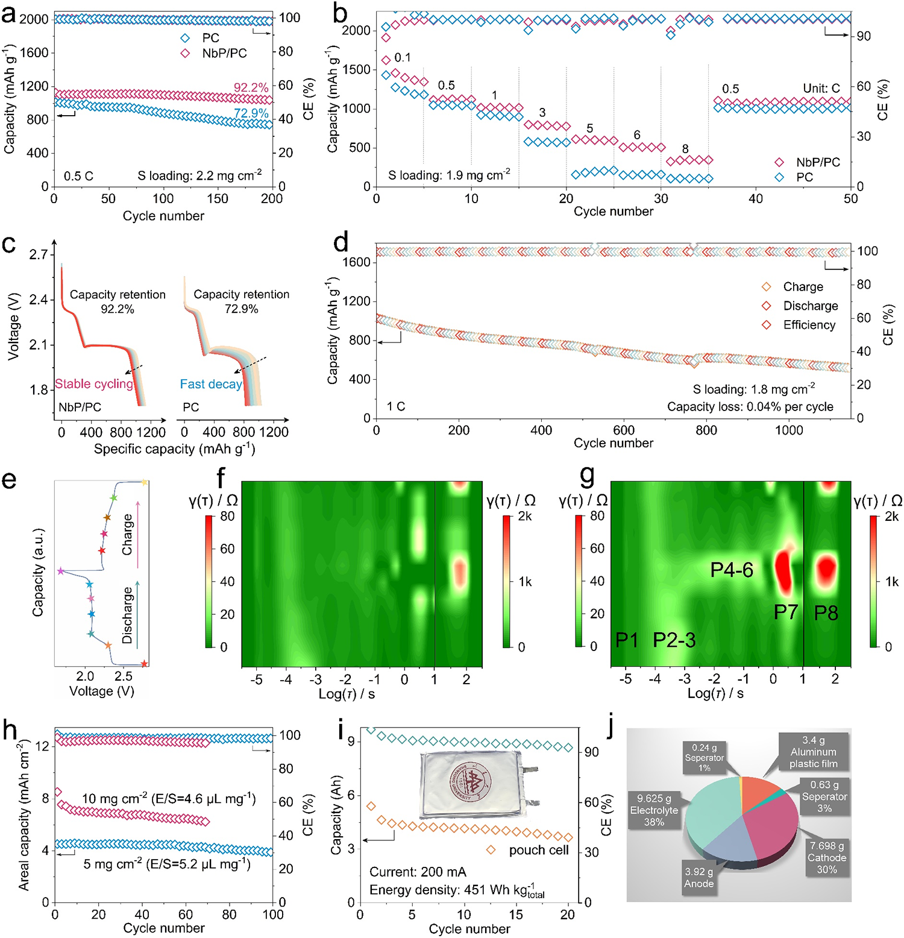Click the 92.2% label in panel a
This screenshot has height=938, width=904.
(251, 88)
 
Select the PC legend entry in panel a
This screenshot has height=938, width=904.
(210, 37)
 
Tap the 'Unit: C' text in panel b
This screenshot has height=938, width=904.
(821, 89)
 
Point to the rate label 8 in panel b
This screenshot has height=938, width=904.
(685, 149)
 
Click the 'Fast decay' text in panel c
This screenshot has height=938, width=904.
(211, 384)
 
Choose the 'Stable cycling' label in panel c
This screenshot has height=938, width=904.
(94, 384)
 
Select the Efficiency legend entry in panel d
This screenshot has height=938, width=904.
(809, 325)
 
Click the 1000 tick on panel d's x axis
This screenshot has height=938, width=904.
(789, 430)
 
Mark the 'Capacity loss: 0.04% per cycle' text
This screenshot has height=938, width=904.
(750, 407)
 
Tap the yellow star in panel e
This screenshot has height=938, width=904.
(144, 482)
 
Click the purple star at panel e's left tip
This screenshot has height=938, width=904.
(60, 571)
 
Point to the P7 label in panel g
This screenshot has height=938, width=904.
(786, 612)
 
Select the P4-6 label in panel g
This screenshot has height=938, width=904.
(732, 570)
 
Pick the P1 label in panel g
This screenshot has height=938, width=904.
(627, 640)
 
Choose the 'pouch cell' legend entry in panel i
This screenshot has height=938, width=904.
(538, 850)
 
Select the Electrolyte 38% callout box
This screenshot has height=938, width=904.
(654, 810)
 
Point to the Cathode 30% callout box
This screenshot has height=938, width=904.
(827, 857)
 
